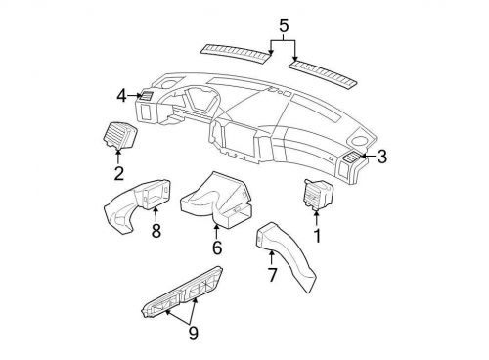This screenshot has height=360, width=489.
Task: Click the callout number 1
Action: pyautogui.click(x=317, y=236)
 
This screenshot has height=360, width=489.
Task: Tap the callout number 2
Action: pyautogui.click(x=117, y=175)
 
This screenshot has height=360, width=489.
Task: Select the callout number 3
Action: pyautogui.click(x=382, y=156)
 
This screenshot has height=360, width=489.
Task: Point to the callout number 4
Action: pyautogui.click(x=121, y=95)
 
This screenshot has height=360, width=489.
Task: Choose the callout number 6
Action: pyautogui.click(x=218, y=248)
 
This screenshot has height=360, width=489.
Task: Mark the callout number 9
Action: pyautogui.click(x=193, y=333)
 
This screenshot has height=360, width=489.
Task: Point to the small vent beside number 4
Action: pyautogui.click(x=144, y=95)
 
